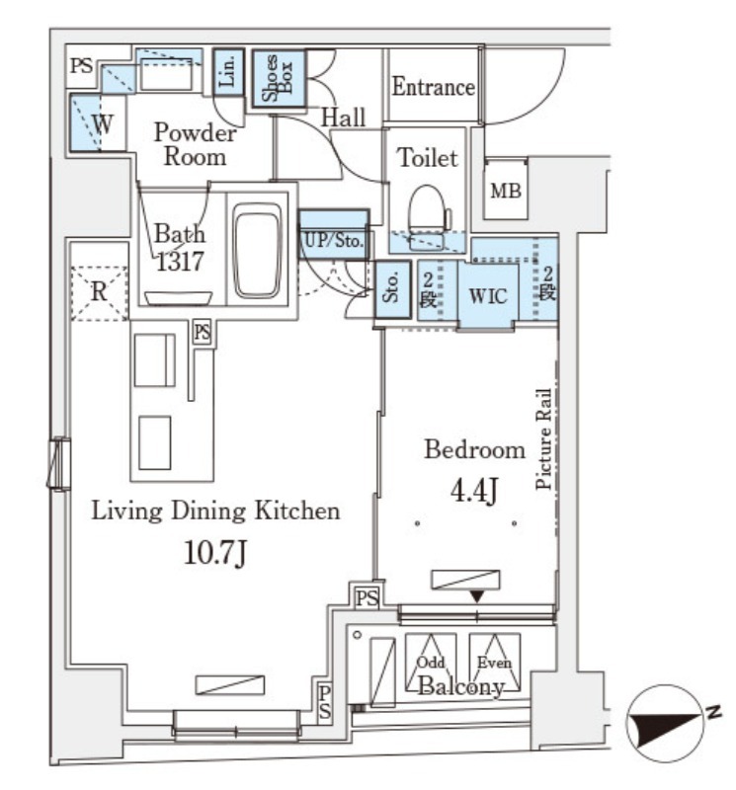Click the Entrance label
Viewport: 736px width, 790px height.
(433, 87)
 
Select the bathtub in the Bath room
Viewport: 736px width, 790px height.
(257, 250)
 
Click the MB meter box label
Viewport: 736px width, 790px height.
(506, 191)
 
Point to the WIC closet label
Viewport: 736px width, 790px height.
(488, 296)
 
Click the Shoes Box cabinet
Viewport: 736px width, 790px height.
(279, 78)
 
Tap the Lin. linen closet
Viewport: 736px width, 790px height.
(228, 72)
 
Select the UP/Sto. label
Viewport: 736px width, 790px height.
(334, 240)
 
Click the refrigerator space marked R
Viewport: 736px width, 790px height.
(99, 291)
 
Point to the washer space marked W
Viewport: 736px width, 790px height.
(99, 122)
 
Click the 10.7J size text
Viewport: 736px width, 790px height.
(215, 553)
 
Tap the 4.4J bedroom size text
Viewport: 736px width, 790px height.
(474, 491)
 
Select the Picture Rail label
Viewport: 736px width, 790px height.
(543, 438)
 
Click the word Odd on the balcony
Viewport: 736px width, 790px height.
(431, 662)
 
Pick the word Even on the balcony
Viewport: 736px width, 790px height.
(494, 662)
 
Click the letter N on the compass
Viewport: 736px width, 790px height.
(714, 712)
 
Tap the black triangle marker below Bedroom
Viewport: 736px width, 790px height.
(477, 596)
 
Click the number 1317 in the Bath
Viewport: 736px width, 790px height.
(180, 261)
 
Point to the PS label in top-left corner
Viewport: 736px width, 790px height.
(82, 65)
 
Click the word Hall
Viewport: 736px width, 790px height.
(343, 118)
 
